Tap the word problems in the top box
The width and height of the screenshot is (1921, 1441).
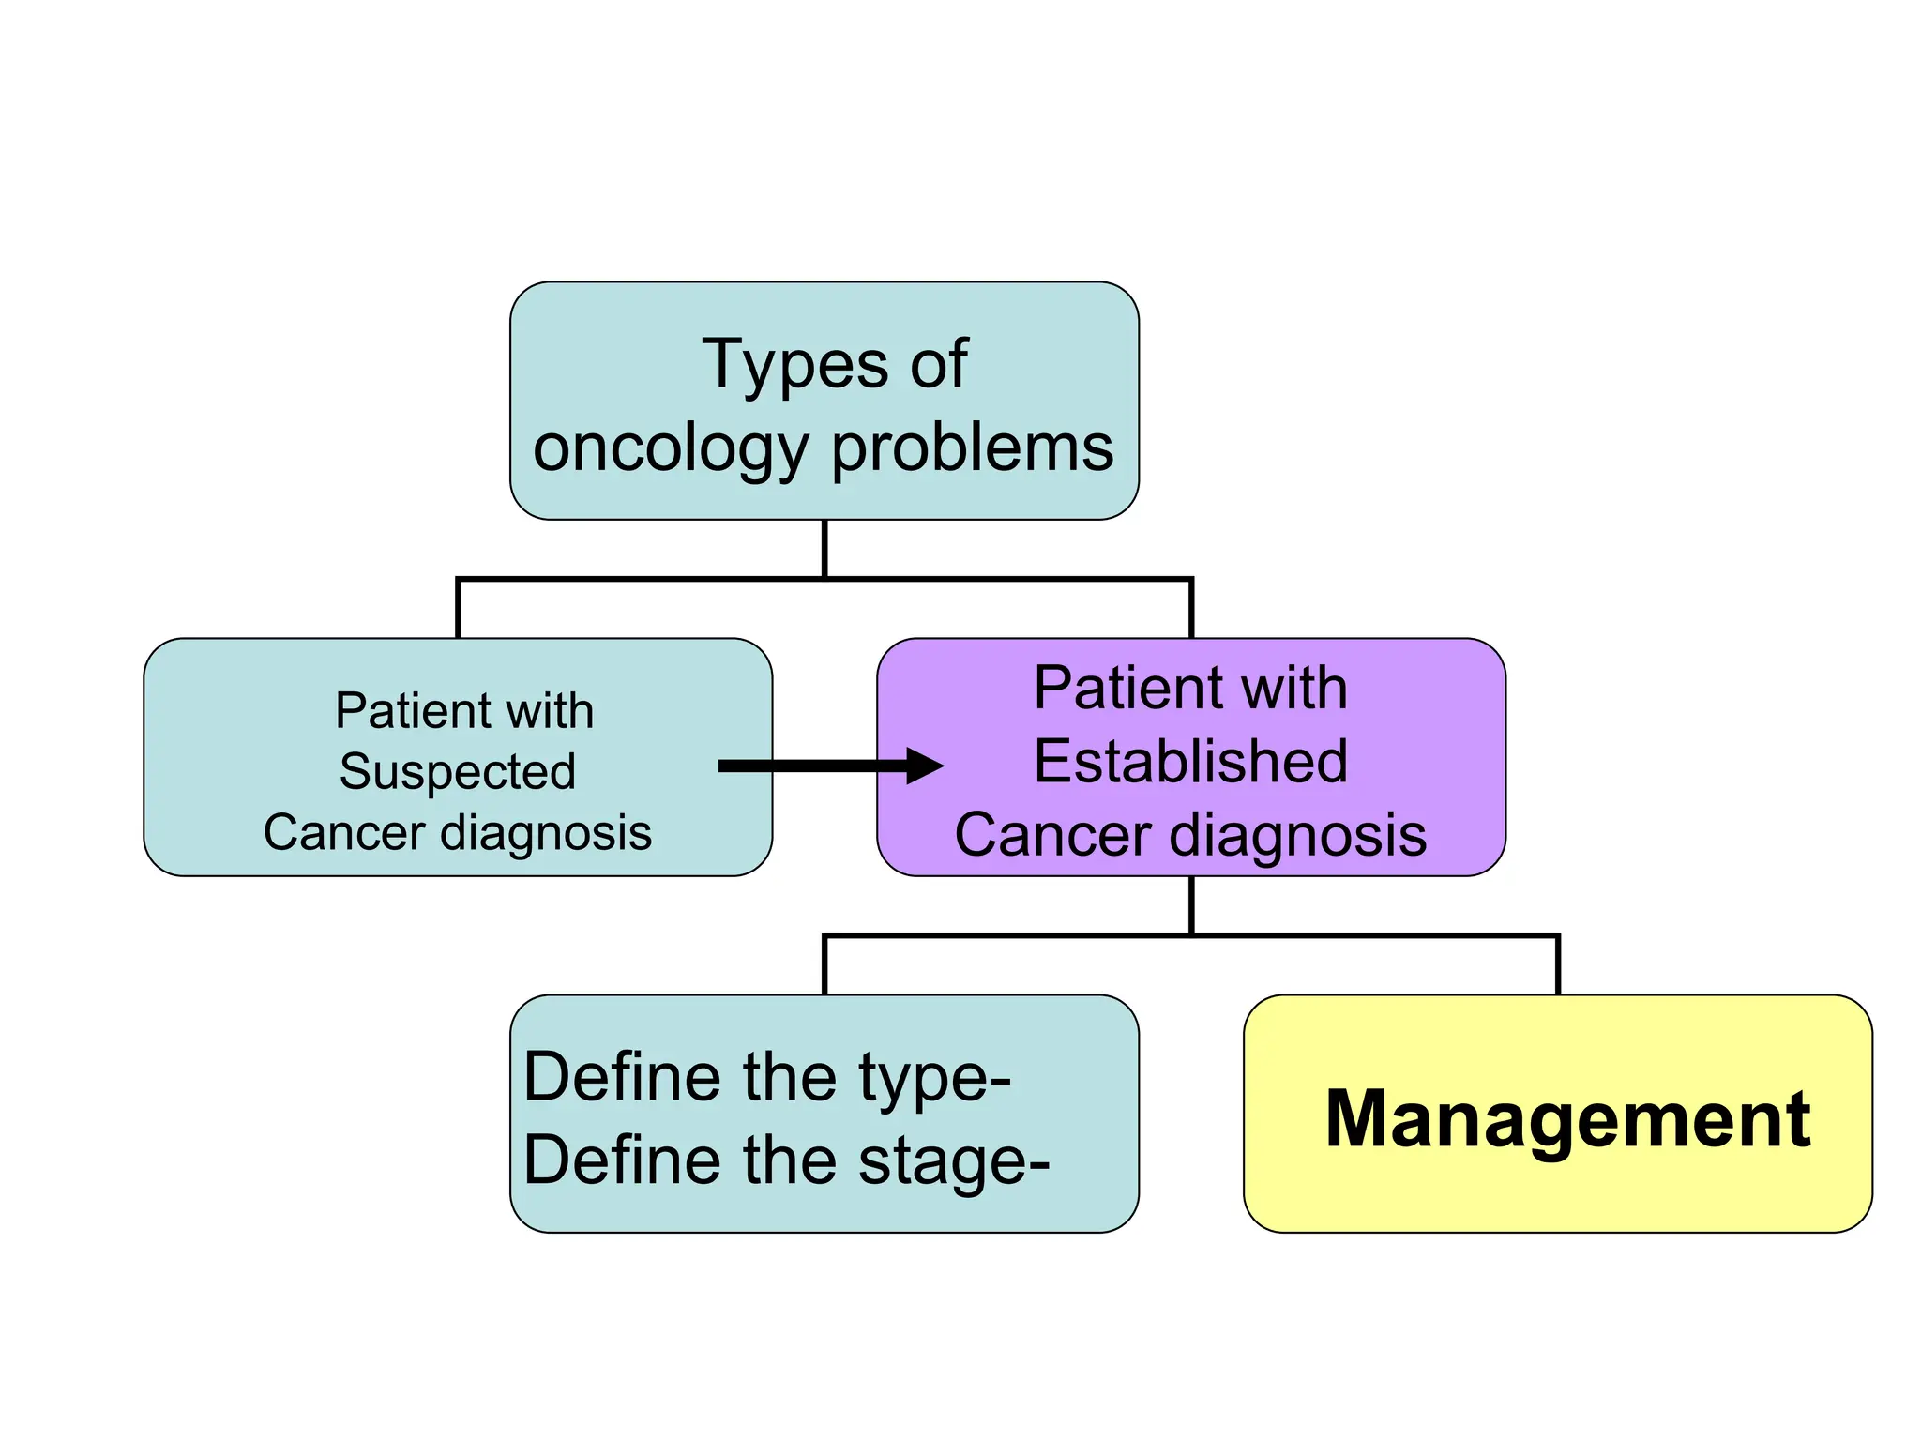tap(973, 448)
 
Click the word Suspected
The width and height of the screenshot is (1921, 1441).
tap(458, 772)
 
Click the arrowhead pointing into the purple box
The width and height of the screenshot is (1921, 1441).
tap(924, 766)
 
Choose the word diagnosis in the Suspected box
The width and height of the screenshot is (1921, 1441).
tap(546, 833)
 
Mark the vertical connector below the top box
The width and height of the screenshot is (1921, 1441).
tap(824, 549)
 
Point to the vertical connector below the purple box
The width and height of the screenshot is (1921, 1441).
tap(1191, 905)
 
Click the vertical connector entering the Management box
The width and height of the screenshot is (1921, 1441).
tap(1558, 966)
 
